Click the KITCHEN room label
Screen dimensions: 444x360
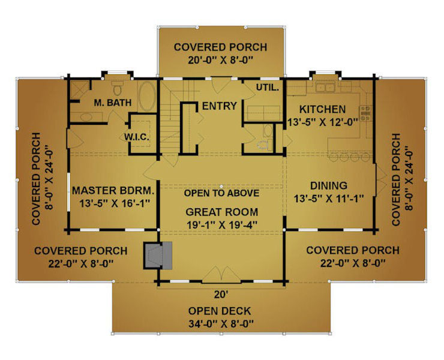(323, 109)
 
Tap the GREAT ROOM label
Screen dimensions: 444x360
(222, 212)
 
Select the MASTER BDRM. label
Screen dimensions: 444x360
(113, 190)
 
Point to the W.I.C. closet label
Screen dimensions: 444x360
(136, 137)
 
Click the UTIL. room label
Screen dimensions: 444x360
(268, 88)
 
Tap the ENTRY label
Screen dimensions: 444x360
(220, 106)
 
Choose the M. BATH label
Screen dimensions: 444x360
(113, 103)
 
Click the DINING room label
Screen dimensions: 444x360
(329, 185)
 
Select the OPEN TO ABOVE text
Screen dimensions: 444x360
(222, 193)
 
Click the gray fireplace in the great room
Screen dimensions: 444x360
(158, 255)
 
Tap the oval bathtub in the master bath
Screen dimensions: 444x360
(146, 97)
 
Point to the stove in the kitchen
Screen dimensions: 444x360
(365, 113)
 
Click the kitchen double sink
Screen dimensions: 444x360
(326, 87)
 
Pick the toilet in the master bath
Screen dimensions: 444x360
(116, 88)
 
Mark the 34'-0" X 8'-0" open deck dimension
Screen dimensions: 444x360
(221, 323)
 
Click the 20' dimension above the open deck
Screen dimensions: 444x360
(221, 295)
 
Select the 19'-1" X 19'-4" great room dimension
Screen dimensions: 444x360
(222, 225)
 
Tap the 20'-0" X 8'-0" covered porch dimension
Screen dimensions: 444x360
(220, 61)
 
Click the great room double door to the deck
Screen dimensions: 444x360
(221, 275)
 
